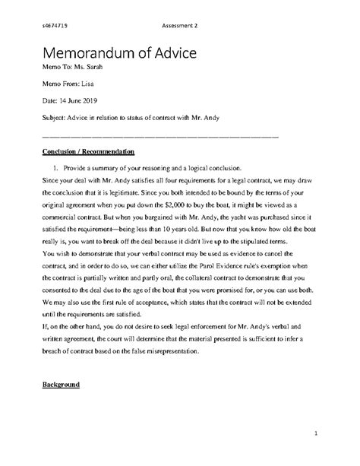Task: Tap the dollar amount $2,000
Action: [196, 196]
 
